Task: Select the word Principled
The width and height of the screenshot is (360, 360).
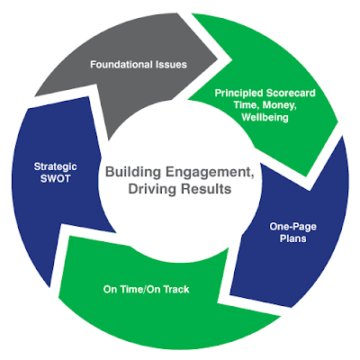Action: point(239,94)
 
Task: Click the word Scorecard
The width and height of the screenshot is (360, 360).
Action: point(291,93)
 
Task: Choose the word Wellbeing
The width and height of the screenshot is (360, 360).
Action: point(265,117)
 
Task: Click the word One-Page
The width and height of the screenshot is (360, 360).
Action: point(292,227)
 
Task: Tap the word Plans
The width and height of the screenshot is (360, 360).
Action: point(292,238)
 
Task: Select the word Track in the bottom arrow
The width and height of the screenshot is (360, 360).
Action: point(176,289)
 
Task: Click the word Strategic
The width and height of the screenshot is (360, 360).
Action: point(55,166)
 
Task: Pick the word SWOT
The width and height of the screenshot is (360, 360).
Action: point(55,179)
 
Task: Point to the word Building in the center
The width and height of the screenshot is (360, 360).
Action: point(133,173)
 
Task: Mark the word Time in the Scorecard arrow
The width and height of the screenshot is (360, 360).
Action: point(245,105)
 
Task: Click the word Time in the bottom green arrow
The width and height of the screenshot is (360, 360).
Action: point(130,289)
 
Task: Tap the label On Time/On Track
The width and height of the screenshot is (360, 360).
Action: point(147,289)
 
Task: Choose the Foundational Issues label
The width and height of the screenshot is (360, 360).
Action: point(139,65)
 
